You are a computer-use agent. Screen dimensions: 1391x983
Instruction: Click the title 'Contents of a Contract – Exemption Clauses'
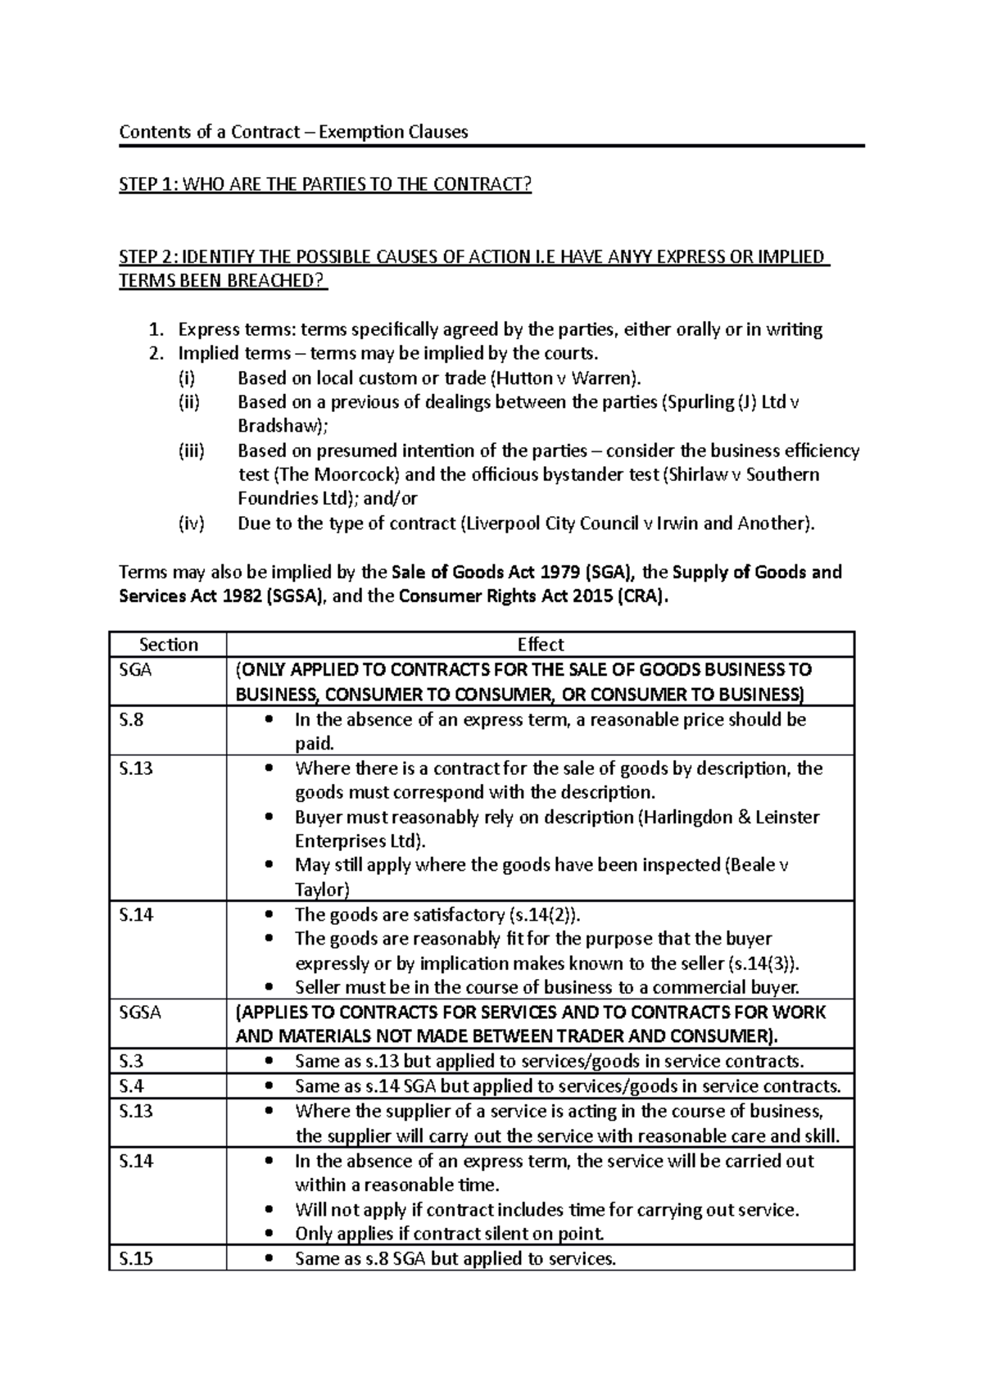click(293, 132)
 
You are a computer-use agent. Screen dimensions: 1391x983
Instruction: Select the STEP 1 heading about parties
click(325, 184)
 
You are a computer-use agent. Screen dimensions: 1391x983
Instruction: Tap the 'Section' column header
click(168, 645)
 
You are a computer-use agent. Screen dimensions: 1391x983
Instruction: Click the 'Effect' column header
click(540, 645)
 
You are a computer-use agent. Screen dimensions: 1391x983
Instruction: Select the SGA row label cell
click(135, 670)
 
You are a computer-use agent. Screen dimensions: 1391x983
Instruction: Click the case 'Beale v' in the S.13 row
click(759, 866)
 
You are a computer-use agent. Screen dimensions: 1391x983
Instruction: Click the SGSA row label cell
click(140, 1013)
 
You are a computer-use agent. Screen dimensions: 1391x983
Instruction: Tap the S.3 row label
click(131, 1062)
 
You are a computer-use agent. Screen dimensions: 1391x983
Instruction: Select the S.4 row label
click(131, 1086)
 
